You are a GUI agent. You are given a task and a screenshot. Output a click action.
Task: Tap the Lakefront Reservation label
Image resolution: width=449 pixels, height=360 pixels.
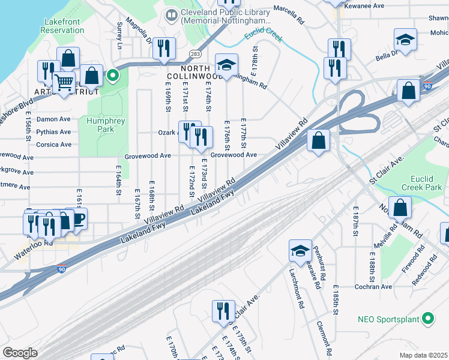point(62,26)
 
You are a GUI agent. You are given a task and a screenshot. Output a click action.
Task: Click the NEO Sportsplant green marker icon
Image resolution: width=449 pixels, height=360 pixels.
point(427,318)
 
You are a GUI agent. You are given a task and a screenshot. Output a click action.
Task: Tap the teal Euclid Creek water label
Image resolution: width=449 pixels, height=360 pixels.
point(263,38)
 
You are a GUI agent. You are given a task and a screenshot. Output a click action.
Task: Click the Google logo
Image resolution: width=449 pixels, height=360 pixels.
point(20,353)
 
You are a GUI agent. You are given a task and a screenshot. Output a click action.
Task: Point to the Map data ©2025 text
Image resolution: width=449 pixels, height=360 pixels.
point(423,355)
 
